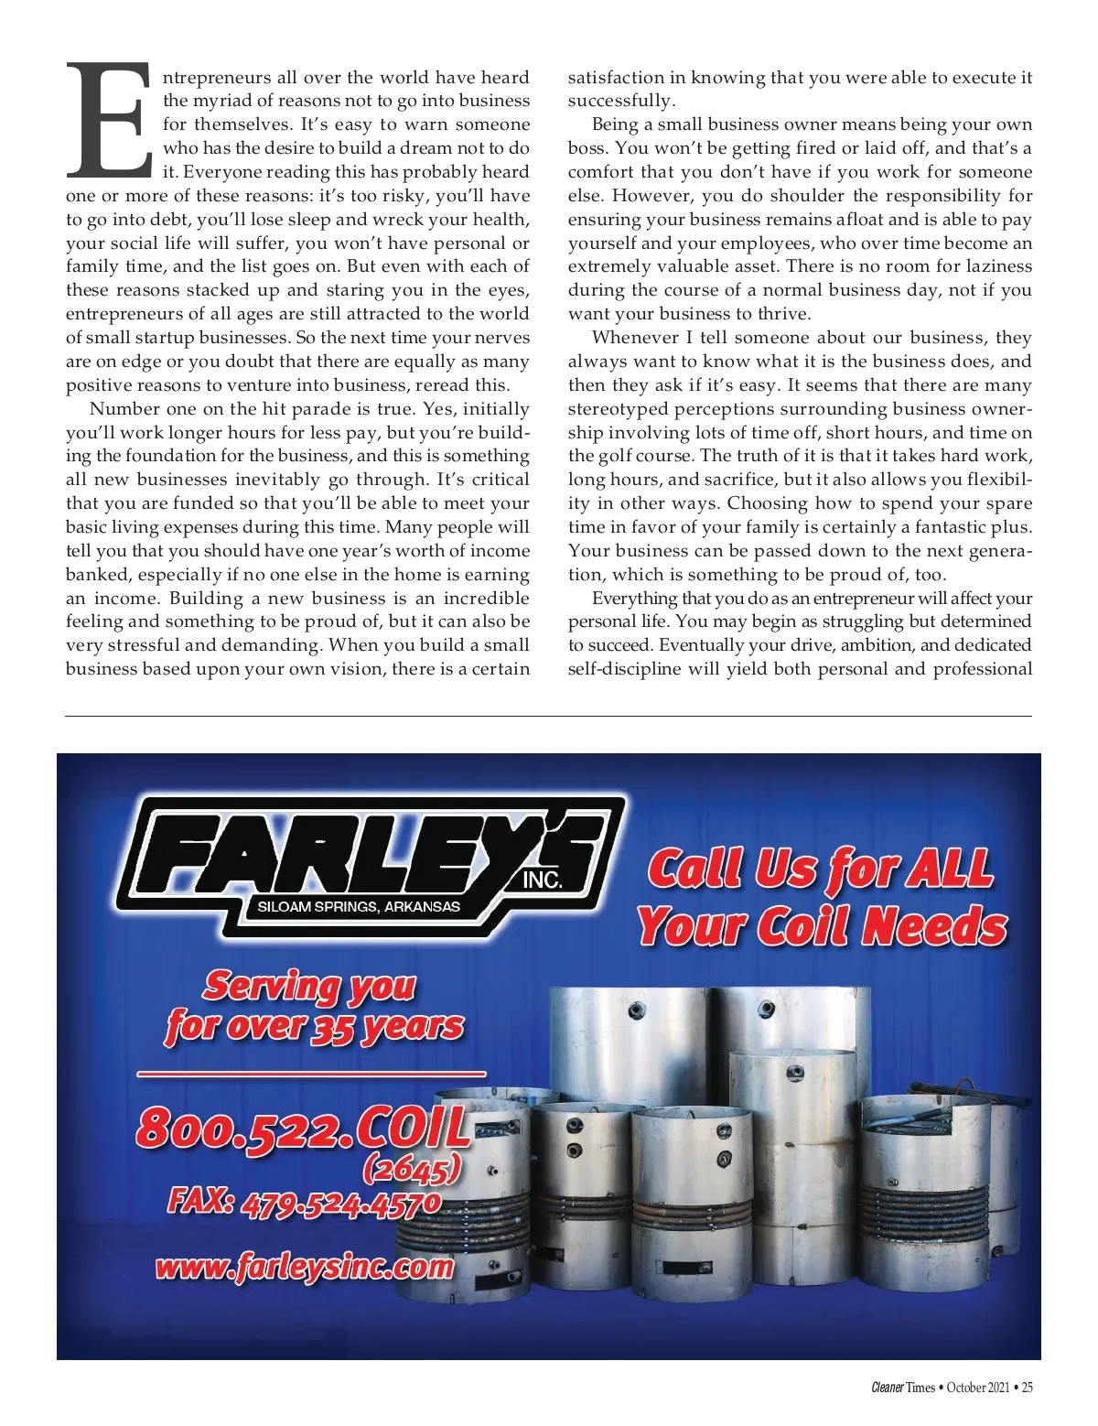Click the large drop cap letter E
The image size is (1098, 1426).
(x=108, y=120)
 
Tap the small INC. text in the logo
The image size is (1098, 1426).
(x=542, y=881)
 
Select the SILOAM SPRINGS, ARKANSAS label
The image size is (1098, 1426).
(x=359, y=907)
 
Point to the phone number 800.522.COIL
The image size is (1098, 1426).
(x=303, y=1129)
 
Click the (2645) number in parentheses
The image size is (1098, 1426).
(x=411, y=1169)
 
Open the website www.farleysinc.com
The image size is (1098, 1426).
(x=305, y=1267)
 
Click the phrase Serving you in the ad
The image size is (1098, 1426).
(x=309, y=986)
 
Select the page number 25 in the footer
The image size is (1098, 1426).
(x=1027, y=1388)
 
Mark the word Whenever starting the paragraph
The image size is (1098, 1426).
(x=634, y=338)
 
